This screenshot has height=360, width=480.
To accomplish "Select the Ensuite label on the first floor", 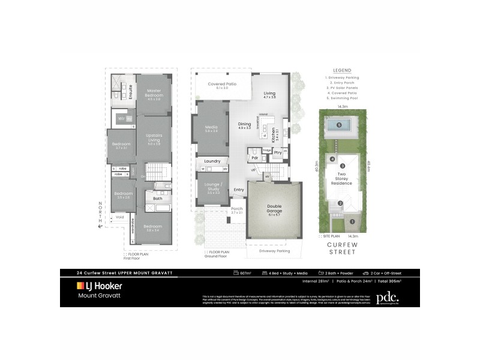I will (130, 91).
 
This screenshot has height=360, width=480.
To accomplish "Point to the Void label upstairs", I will (120, 217).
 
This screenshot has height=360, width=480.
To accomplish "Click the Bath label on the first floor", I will (157, 198).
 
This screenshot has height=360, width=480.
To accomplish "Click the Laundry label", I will (212, 161).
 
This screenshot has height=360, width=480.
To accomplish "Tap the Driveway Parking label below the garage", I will (274, 251).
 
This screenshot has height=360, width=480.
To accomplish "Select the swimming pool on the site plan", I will (340, 125).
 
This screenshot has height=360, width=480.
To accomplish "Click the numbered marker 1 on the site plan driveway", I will (352, 222).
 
